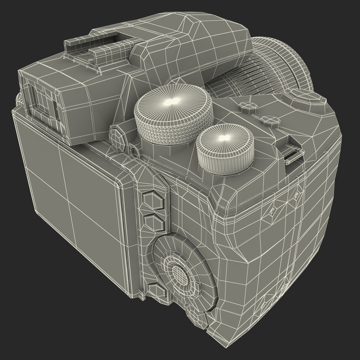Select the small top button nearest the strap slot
[270, 119]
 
